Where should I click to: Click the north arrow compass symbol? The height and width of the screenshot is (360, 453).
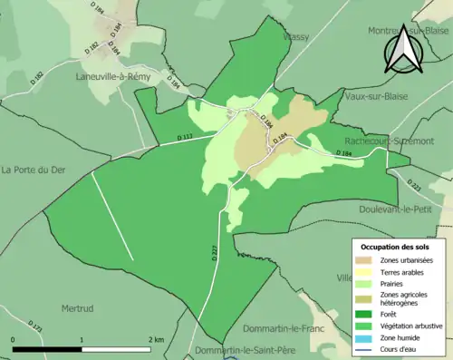403,50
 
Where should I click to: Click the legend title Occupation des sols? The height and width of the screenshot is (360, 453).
395,247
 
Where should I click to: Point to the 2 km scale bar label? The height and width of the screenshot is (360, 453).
156,339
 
